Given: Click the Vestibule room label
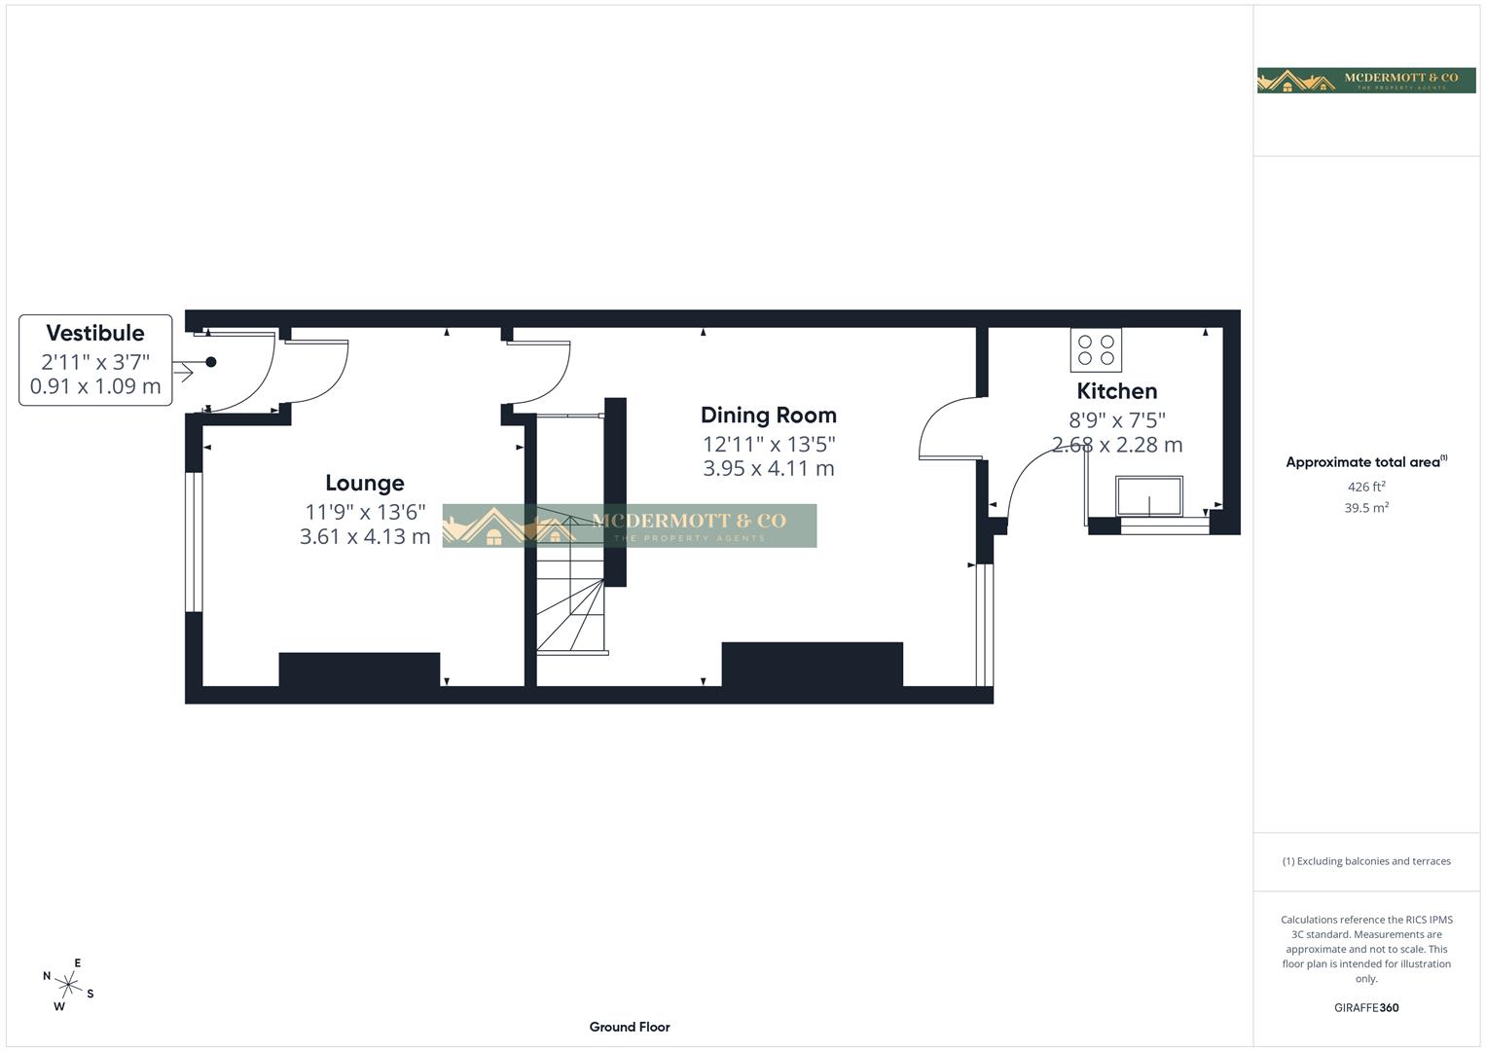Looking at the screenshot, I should pyautogui.click(x=95, y=333).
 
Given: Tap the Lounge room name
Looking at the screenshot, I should pyautogui.click(x=364, y=483).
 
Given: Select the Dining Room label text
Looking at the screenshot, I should pyautogui.click(x=768, y=416).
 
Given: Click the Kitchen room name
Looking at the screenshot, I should pyautogui.click(x=1116, y=391).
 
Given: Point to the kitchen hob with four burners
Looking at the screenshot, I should pyautogui.click(x=1096, y=350).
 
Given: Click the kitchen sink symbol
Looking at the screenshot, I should pyautogui.click(x=1149, y=496).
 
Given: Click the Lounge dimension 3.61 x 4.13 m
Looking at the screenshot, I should pyautogui.click(x=364, y=536).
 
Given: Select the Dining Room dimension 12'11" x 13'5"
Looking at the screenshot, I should pyautogui.click(x=768, y=444).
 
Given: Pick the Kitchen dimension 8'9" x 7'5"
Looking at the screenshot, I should pyautogui.click(x=1116, y=419).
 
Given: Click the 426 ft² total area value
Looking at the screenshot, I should pyautogui.click(x=1365, y=487).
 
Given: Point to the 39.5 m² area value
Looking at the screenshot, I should pyautogui.click(x=1365, y=508).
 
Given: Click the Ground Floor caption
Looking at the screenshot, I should pyautogui.click(x=630, y=1027).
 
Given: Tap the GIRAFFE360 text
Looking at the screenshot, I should pyautogui.click(x=1365, y=1007).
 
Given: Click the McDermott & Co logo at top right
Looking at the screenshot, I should pyautogui.click(x=1365, y=80).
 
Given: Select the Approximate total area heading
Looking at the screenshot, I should pyautogui.click(x=1365, y=462).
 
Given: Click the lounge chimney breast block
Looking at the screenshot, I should pyautogui.click(x=359, y=670).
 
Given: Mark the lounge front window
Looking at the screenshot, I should pyautogui.click(x=195, y=542).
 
